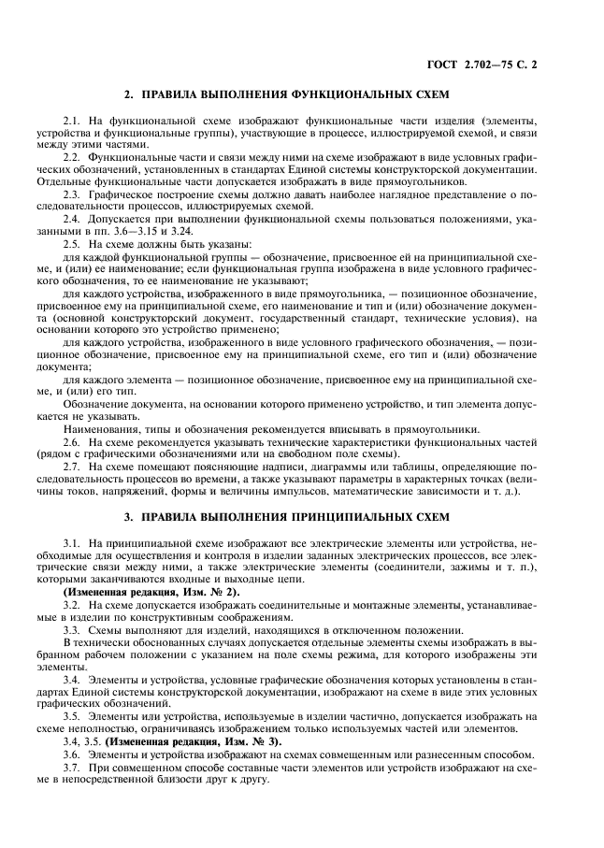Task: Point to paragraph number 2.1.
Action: pos(71,122)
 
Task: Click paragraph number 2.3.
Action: pos(71,194)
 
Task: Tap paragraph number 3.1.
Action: pos(71,543)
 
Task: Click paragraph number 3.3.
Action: pos(71,630)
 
